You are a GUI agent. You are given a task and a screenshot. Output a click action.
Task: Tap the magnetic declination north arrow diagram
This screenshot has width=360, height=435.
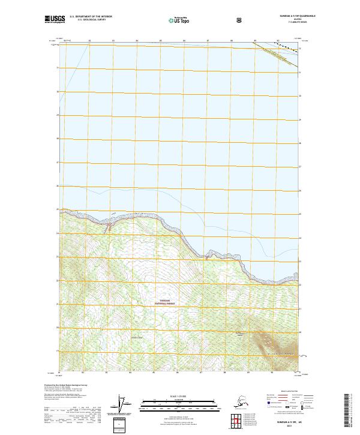coord(123,404)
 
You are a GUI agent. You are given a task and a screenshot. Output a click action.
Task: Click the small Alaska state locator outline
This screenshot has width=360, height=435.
coord(242,402)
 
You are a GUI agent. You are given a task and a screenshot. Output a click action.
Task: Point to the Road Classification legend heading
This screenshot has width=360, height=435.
coord(290,391)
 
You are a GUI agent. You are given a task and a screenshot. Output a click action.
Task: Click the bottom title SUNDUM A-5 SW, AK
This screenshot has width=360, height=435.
coord(179,422)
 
